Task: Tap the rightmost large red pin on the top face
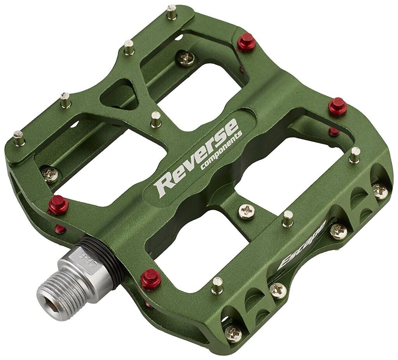click(x=338, y=106)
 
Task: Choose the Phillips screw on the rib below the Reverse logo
click(x=246, y=212)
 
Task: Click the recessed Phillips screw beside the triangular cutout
click(x=187, y=59)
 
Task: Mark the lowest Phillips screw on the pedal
click(x=233, y=333)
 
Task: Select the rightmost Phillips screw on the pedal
click(x=380, y=191)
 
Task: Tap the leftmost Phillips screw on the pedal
click(x=51, y=175)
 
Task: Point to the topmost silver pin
click(x=172, y=12)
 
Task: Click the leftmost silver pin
click(x=19, y=138)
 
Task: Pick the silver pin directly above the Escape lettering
click(x=288, y=219)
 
